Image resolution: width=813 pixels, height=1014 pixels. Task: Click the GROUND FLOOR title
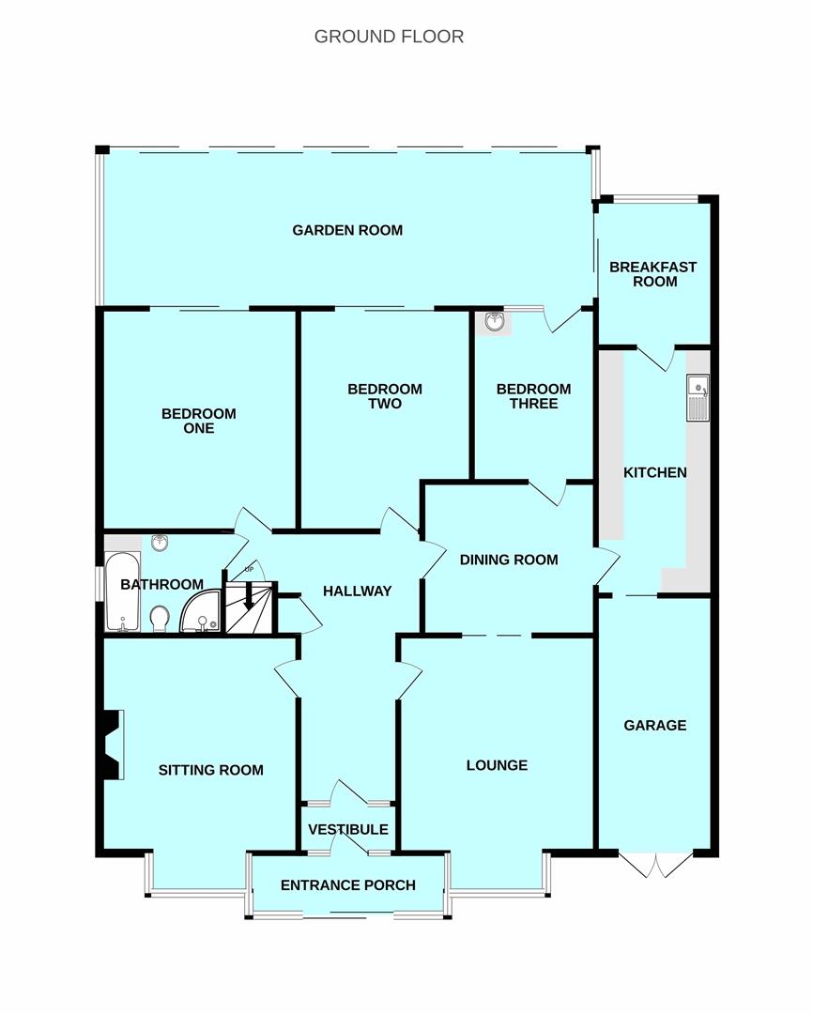[389, 37]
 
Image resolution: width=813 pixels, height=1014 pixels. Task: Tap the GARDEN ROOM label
[347, 230]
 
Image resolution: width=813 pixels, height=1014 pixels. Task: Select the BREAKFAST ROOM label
[653, 274]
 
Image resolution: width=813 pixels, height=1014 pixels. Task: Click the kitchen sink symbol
[698, 398]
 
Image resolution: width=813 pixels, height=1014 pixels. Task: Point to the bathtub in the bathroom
[122, 591]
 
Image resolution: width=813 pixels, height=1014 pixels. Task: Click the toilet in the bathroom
[159, 618]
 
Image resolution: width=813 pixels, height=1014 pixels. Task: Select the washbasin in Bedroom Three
[495, 323]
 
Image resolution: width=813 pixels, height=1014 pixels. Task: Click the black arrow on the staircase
[249, 596]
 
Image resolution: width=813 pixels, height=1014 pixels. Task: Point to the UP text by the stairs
[249, 570]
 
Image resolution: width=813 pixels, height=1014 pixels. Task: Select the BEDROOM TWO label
[385, 396]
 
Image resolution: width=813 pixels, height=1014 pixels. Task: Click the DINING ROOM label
[509, 560]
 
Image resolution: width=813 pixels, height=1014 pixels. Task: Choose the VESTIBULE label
[348, 830]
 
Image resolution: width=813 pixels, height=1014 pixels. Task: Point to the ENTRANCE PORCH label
[348, 885]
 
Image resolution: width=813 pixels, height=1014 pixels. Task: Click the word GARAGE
[655, 726]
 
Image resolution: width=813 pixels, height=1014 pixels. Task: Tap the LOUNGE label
[497, 766]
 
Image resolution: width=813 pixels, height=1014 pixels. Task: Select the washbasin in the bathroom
[160, 543]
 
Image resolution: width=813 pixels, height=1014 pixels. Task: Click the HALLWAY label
[357, 591]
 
